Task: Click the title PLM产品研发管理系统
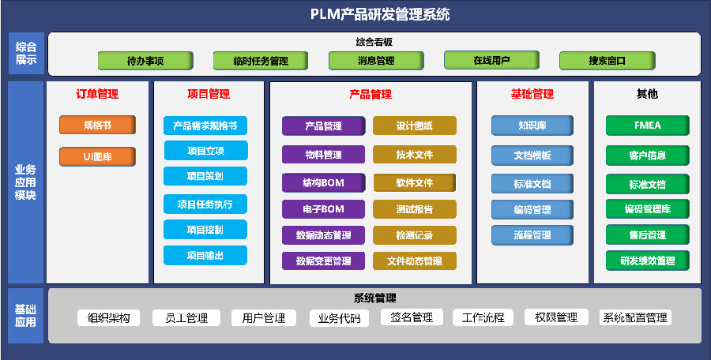(381, 14)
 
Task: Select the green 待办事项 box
(145, 60)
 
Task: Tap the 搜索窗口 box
(608, 60)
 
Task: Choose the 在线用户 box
(491, 60)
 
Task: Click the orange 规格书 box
(97, 125)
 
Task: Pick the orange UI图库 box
(97, 156)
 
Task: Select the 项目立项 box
(205, 151)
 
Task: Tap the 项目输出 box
(205, 256)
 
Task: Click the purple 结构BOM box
(324, 183)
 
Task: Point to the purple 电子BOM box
(324, 209)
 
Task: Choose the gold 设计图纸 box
(415, 126)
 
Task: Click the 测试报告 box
(415, 209)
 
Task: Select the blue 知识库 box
(532, 126)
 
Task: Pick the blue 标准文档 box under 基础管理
(532, 184)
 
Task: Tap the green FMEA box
(648, 126)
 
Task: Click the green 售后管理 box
(648, 235)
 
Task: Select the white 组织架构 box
(109, 318)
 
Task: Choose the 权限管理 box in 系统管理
(556, 318)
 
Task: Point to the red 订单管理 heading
(97, 94)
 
